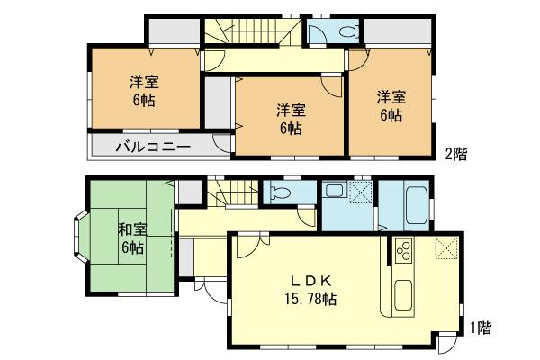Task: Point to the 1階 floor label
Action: pyautogui.click(x=480, y=328)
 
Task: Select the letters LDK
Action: pyautogui.click(x=301, y=279)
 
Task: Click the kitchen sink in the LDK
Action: pyautogui.click(x=400, y=294)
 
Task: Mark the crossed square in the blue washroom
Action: pyautogui.click(x=360, y=193)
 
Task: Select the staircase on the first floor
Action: pyautogui.click(x=231, y=192)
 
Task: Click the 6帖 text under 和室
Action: pyautogui.click(x=132, y=247)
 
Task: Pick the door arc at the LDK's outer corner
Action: pyautogui.click(x=447, y=343)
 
